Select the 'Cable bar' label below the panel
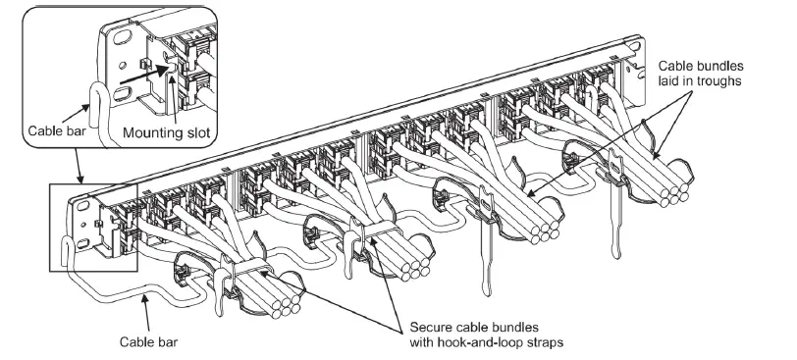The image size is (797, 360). pyautogui.click(x=147, y=343)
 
